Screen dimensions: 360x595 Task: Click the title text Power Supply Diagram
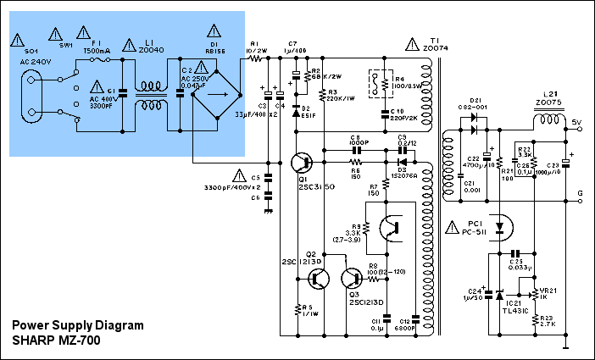[x=77, y=325]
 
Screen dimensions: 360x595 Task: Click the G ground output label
[x=580, y=193]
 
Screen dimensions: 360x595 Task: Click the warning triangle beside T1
[x=412, y=42]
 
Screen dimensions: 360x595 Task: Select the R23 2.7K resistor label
[x=548, y=324]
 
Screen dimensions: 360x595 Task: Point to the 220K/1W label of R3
[x=342, y=98]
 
